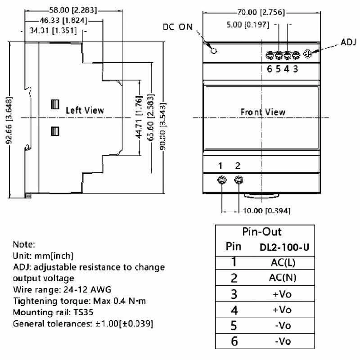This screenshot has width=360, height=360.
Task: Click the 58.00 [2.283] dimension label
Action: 73,10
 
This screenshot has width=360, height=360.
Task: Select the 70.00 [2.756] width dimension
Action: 261,12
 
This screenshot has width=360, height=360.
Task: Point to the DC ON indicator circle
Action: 214,51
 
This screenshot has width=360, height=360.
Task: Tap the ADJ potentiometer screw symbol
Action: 307,54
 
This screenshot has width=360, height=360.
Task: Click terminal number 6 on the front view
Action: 269,69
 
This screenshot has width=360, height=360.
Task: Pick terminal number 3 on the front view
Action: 296,69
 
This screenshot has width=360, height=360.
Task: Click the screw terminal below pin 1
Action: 221,180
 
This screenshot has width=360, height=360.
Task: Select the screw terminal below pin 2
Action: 238,180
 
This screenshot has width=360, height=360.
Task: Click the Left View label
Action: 85,110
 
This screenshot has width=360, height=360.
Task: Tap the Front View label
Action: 263,112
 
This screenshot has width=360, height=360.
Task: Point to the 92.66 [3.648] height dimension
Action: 9,121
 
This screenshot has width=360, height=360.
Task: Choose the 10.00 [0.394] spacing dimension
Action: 266,211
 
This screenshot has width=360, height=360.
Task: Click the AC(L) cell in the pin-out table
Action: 283,262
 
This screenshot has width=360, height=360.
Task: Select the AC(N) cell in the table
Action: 283,278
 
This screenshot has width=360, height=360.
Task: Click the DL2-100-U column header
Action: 284,247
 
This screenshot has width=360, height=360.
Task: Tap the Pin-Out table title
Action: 262,232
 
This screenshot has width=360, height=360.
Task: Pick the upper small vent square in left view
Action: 55,104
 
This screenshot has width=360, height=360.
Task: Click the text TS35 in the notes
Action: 83,312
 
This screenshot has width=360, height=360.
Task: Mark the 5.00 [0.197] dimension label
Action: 248,25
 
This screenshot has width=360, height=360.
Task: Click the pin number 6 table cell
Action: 234,341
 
